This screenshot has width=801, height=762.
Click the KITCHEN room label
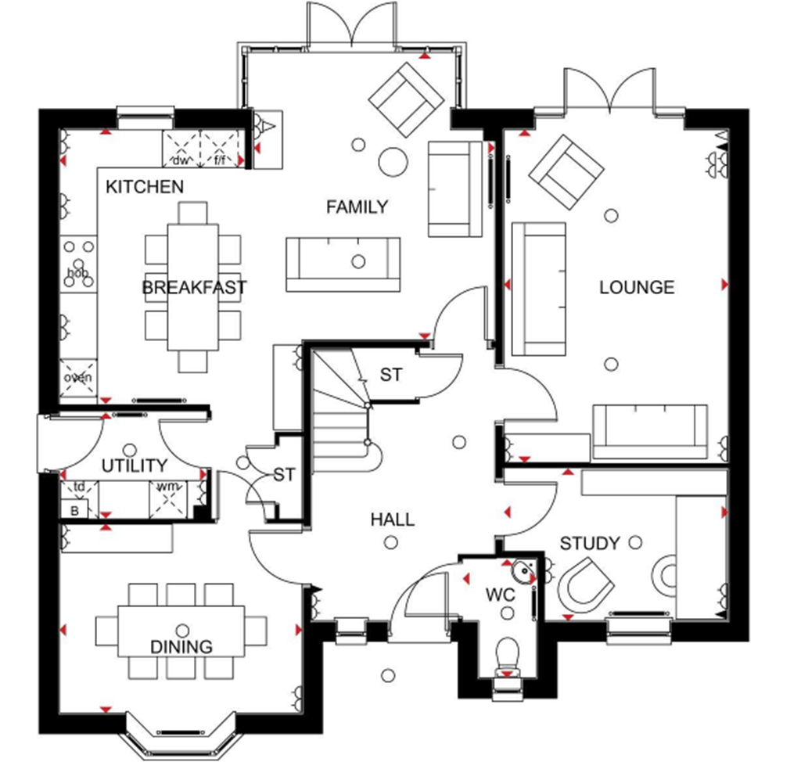pyautogui.click(x=145, y=187)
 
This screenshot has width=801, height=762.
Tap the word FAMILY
pyautogui.click(x=357, y=207)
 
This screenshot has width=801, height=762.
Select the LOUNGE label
pyautogui.click(x=637, y=287)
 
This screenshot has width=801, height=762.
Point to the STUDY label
pyautogui.click(x=590, y=543)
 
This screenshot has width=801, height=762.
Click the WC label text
pyautogui.click(x=500, y=595)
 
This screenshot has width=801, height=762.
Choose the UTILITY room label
pyautogui.click(x=135, y=465)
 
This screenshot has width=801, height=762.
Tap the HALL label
pyautogui.click(x=393, y=519)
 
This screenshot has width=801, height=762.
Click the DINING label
pyautogui.click(x=181, y=647)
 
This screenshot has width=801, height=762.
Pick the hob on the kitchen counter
pyautogui.click(x=78, y=264)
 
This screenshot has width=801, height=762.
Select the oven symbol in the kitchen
pyautogui.click(x=78, y=378)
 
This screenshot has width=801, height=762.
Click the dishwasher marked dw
pyautogui.click(x=181, y=149)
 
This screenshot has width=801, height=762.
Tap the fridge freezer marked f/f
pyautogui.click(x=220, y=149)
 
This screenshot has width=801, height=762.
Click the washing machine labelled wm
pyautogui.click(x=168, y=499)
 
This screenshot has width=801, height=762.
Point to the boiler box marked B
pyautogui.click(x=74, y=510)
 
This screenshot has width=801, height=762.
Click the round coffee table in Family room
pyautogui.click(x=393, y=162)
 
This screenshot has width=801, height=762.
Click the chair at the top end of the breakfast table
pyautogui.click(x=193, y=213)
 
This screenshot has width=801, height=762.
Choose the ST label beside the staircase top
pyautogui.click(x=391, y=375)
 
